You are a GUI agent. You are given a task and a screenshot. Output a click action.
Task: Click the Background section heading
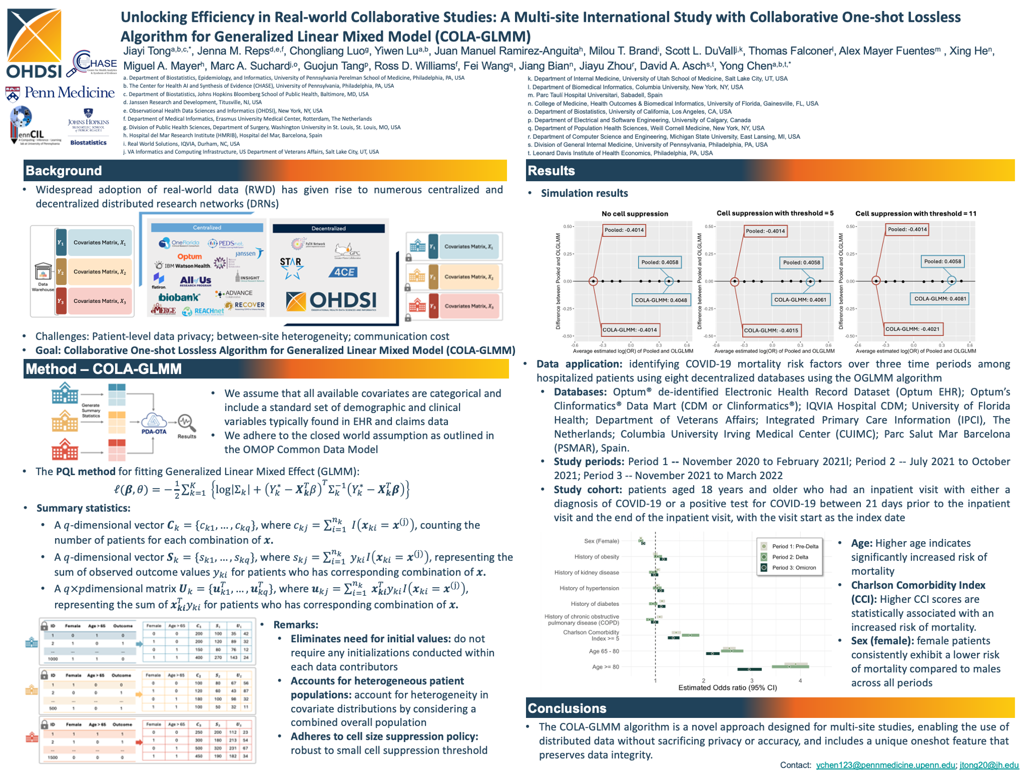point(64,171)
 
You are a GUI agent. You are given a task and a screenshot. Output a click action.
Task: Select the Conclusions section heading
point(567,708)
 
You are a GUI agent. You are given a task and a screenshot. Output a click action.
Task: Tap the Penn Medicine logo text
point(70,92)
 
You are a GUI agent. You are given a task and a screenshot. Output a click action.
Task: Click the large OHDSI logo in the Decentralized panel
point(331,300)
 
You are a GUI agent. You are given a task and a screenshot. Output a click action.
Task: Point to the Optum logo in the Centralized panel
point(189,256)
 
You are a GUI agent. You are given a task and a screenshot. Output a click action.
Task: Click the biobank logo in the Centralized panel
point(179,297)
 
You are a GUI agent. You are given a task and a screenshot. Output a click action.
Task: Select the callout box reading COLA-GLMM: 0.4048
point(660,300)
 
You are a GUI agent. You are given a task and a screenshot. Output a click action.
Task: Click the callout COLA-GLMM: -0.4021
point(913,329)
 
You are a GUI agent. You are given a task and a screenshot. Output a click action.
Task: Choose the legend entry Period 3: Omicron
point(794,567)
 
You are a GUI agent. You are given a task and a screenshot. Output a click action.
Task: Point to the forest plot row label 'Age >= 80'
point(605,667)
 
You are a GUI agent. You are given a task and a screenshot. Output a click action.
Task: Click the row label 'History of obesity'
point(596,557)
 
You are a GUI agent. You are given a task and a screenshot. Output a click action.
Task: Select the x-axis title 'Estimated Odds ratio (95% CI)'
point(727,688)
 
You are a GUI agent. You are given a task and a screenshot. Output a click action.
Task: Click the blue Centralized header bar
point(207,228)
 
